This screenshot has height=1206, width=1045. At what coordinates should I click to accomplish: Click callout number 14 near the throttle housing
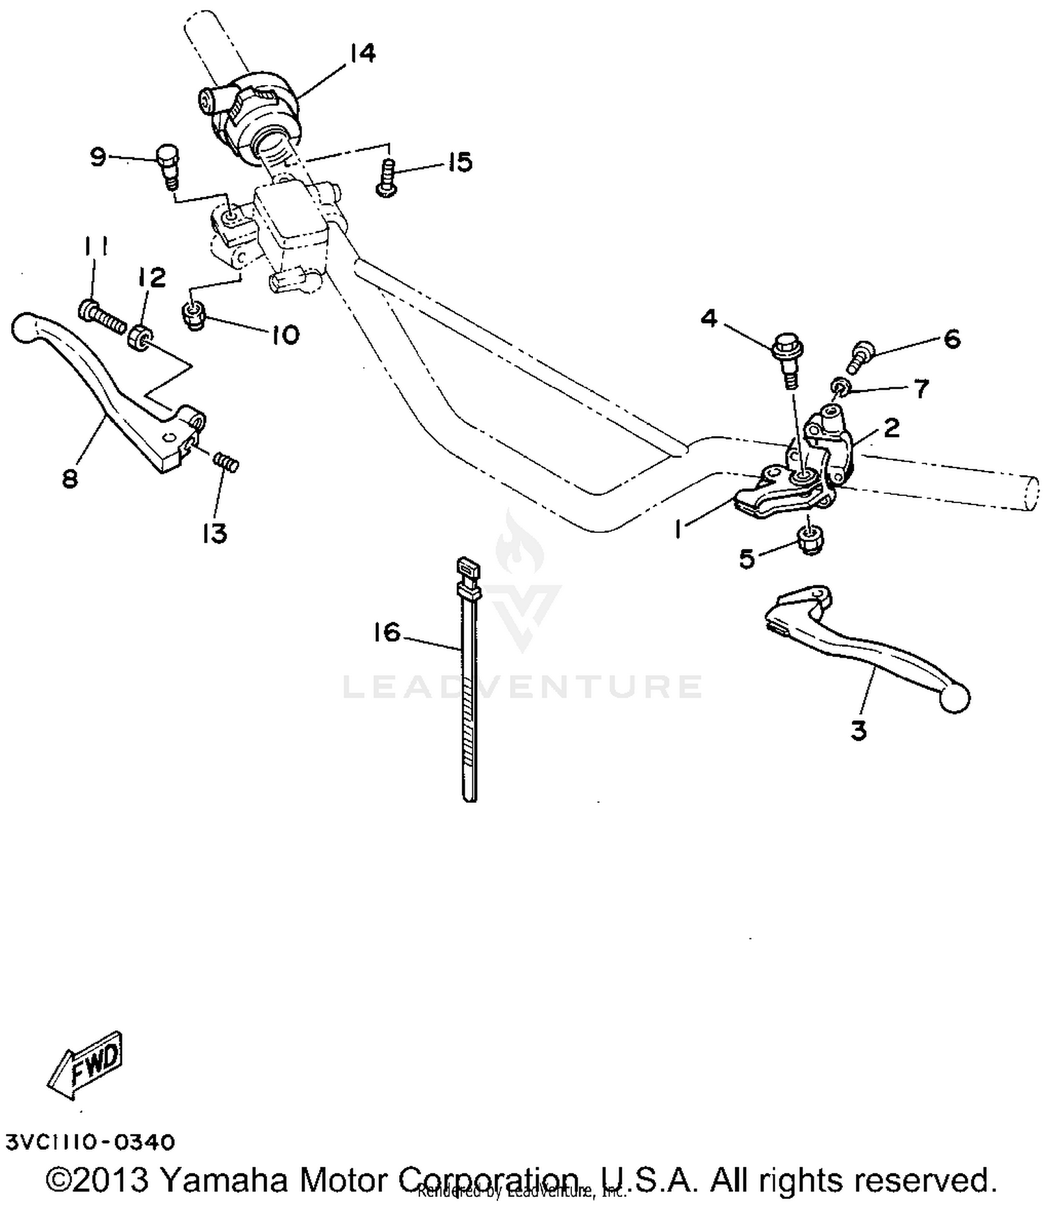coord(362,52)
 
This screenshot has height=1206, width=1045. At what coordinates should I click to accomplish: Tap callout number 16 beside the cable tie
coord(387,633)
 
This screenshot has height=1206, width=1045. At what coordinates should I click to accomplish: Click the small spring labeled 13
coord(226,461)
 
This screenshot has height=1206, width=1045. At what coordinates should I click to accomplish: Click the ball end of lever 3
coord(954,699)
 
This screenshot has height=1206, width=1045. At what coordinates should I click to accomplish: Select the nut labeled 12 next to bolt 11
coord(139,336)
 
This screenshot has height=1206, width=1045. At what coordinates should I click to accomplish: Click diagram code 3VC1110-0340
coord(90,1143)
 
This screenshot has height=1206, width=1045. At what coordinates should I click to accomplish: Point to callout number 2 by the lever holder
coord(891,428)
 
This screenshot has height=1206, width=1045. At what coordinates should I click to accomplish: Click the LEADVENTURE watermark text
coord(522,686)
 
